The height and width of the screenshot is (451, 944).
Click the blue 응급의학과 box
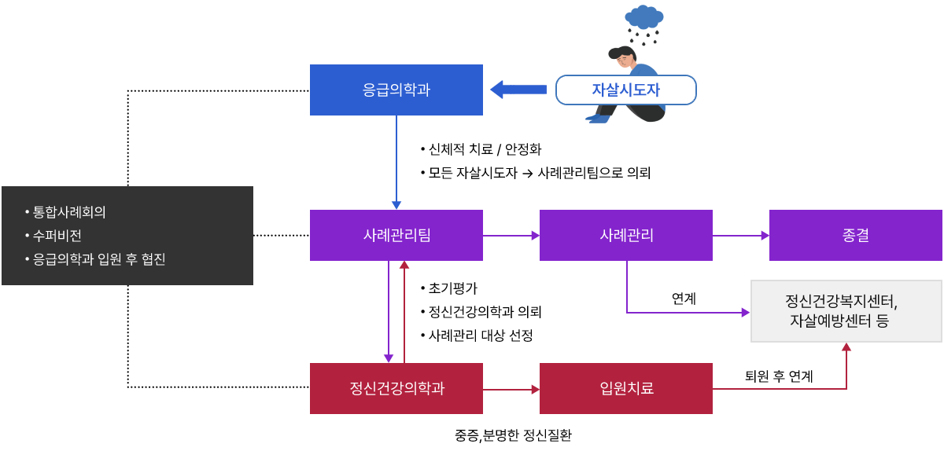(x=396, y=90)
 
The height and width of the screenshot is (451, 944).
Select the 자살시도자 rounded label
(x=625, y=90)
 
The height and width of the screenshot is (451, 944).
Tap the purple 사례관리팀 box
(x=396, y=235)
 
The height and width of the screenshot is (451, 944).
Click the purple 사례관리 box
(x=625, y=235)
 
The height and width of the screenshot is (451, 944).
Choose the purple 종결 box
(x=855, y=235)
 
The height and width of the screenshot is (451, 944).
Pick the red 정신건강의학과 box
(x=396, y=388)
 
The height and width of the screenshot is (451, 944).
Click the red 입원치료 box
(x=625, y=388)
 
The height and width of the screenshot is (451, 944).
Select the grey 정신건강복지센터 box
(x=846, y=311)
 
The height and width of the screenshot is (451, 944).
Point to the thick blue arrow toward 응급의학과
(x=518, y=90)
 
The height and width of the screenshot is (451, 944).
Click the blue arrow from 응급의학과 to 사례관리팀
(x=396, y=161)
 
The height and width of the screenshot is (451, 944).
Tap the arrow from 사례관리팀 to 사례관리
(x=511, y=235)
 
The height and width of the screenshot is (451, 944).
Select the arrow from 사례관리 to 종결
(x=740, y=235)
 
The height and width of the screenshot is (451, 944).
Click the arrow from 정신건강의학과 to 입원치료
(x=511, y=389)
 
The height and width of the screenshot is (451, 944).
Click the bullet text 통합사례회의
(x=69, y=212)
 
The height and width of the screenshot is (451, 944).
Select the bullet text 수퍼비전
(x=57, y=236)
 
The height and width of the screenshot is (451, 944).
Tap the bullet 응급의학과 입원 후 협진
(x=99, y=259)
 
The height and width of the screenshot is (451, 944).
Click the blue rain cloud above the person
(x=644, y=16)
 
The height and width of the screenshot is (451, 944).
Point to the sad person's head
(x=623, y=57)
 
